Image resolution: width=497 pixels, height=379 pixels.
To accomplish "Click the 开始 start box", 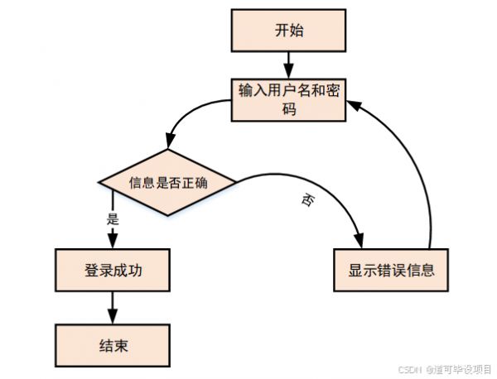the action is coord(288,31).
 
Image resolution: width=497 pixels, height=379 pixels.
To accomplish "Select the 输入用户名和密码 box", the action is coord(288,100).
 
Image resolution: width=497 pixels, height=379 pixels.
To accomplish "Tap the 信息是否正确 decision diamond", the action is coord(167,182).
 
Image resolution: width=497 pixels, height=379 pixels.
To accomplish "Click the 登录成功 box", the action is coord(113,270).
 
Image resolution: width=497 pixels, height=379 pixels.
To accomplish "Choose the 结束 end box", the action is coord(113,345).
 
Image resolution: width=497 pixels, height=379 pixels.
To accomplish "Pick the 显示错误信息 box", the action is coord(391,270).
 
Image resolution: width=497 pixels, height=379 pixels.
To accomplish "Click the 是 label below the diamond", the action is coord(113,218).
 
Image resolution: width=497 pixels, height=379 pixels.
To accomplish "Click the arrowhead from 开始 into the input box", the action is coord(288,71).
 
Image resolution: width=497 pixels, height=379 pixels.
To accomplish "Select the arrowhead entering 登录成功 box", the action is coord(113,241).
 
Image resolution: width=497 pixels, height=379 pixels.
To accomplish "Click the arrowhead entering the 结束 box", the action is coord(113,316).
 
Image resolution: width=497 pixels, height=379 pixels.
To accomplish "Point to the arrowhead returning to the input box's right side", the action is coord(354,105).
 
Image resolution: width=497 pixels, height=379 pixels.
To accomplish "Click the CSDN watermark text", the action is coord(409,370).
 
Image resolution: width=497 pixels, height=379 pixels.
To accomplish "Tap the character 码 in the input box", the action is coord(289,109).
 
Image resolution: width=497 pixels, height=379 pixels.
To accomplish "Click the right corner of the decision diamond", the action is coord(236,182).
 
